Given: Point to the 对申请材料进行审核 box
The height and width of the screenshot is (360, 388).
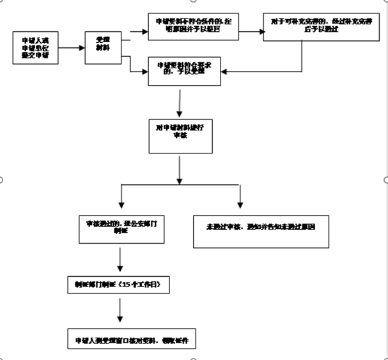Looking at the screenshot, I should tap(179, 131).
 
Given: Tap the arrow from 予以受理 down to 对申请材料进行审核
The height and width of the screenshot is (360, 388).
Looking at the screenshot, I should tap(180, 103).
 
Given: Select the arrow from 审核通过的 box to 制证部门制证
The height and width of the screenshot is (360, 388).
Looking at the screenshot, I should tap(120, 260).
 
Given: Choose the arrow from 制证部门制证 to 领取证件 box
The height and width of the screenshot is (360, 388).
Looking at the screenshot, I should tap(120, 312).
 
